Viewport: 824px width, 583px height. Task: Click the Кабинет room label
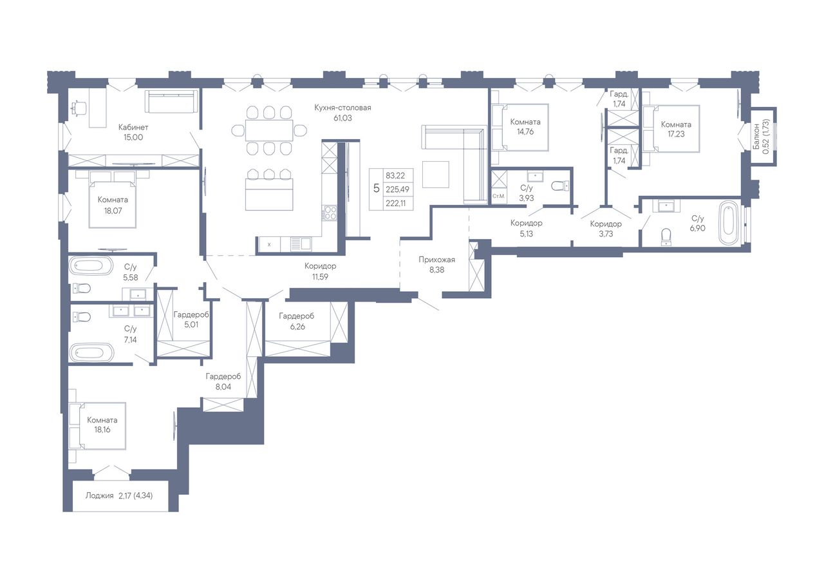point(133,128)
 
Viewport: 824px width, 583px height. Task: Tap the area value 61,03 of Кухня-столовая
point(342,118)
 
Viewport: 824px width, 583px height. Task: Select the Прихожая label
point(436,260)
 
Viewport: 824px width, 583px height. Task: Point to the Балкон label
point(756,136)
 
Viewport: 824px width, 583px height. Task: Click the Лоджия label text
point(99,495)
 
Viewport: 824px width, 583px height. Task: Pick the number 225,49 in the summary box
point(397,189)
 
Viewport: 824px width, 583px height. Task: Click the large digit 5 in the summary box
point(376,189)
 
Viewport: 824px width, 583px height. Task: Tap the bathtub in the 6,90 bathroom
point(729,222)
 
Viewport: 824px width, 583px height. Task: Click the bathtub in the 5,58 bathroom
point(91,265)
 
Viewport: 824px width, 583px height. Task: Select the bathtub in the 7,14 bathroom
point(91,352)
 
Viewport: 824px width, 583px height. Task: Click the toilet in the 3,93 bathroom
point(560,186)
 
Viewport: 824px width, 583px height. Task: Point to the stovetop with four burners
point(330,213)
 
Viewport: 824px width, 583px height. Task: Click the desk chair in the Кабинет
point(79,108)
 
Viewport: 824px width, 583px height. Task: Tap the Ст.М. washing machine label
point(498,196)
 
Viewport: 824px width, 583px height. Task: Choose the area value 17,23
point(676,134)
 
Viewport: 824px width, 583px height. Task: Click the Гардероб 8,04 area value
point(223,387)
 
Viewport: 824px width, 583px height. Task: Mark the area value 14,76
point(525,132)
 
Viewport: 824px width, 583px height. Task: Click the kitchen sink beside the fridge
point(301,244)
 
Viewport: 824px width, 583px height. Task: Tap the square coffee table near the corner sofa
point(436,175)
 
